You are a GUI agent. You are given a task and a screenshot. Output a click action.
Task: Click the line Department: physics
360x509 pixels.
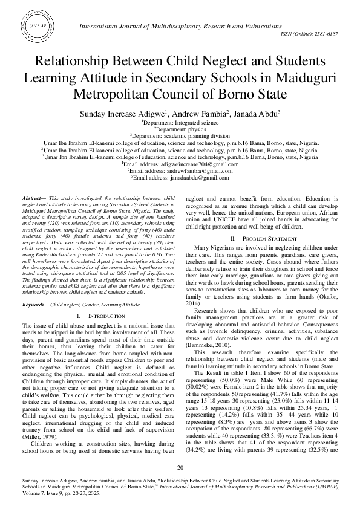(180, 129)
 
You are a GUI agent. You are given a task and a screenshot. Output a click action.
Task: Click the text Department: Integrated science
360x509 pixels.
(180, 122)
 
